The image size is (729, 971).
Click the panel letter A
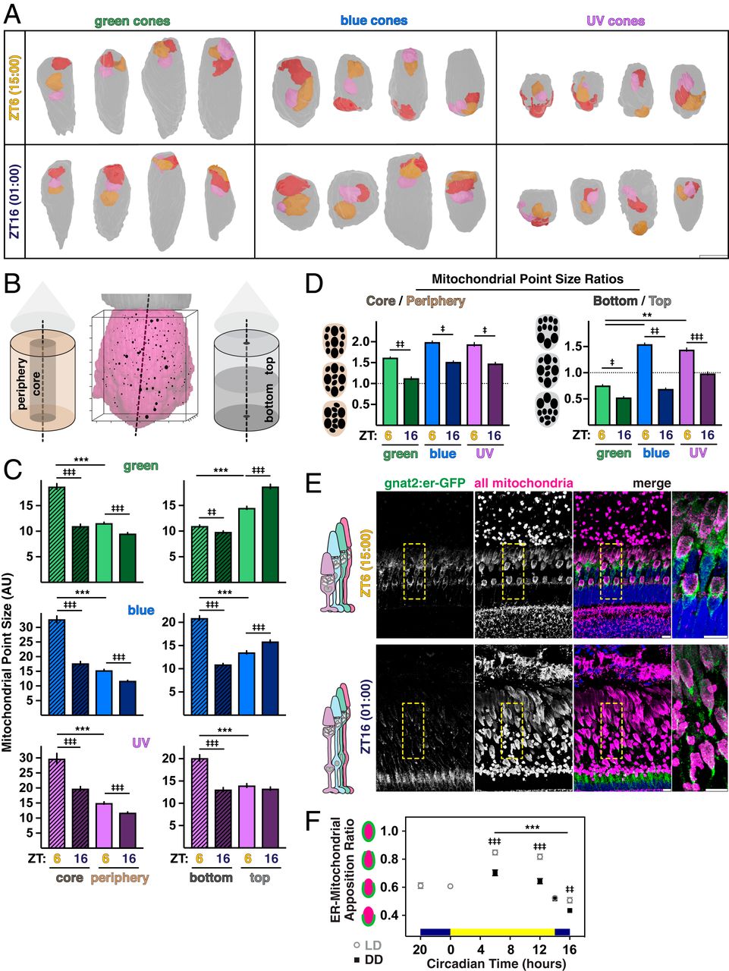tap(14, 13)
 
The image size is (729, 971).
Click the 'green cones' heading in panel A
tap(132, 21)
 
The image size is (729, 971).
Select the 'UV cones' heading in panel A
tap(615, 21)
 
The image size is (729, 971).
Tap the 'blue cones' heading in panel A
tap(374, 20)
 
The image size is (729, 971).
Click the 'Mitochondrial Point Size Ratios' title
tap(527, 279)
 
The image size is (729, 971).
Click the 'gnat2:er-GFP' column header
tap(413, 482)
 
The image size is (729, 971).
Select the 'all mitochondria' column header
tap(523, 482)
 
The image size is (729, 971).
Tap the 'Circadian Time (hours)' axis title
tap(496, 963)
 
